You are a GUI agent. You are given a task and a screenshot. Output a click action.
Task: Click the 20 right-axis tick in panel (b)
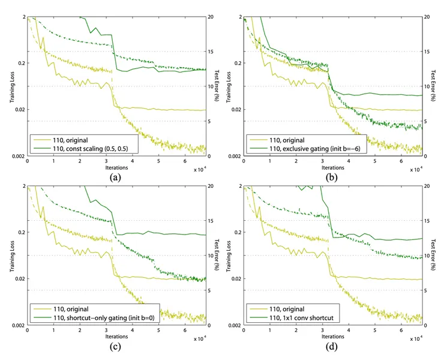(x=425, y=17)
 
